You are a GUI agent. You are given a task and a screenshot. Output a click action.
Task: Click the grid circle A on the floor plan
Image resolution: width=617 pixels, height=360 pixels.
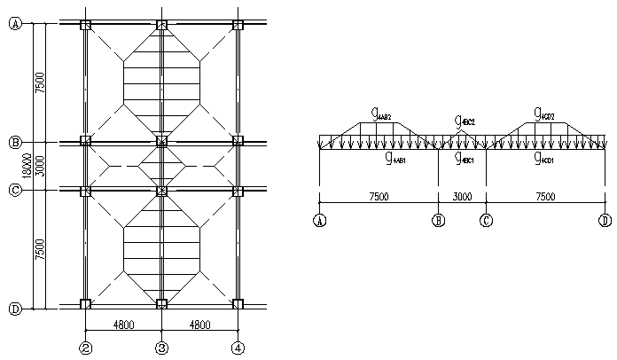coord(15,25)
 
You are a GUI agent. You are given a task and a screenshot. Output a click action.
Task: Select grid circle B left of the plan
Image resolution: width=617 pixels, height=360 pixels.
coord(15,142)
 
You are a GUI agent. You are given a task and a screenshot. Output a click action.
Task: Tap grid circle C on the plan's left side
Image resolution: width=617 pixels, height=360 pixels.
coord(15,189)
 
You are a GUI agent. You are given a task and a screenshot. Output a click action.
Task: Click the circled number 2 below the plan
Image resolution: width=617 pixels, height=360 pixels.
coord(86,348)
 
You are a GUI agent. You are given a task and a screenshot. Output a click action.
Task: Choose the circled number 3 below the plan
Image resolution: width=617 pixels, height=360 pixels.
coord(162,348)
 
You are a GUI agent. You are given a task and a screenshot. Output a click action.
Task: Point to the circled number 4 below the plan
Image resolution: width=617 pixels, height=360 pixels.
coord(238,348)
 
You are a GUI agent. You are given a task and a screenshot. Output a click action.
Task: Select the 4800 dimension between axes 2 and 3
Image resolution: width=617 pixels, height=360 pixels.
coord(124,325)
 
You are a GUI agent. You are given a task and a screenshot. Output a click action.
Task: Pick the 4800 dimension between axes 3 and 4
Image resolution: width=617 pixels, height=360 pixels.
coord(199,325)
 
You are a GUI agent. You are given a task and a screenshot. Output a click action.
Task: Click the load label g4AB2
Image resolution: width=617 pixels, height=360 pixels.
coord(382,114)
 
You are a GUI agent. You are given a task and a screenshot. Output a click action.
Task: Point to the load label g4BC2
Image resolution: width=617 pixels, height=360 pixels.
coord(465,121)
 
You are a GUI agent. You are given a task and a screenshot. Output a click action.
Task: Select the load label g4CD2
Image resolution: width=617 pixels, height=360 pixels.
coord(543,113)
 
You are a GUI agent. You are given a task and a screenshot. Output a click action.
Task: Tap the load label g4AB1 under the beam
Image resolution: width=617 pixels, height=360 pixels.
coord(395,160)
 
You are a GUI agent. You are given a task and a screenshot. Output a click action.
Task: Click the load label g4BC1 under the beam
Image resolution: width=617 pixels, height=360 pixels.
coord(464,160)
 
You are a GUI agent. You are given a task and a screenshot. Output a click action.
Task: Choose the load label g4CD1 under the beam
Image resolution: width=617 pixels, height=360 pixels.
coord(543,160)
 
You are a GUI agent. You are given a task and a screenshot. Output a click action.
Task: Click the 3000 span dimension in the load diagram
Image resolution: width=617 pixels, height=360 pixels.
coord(462,198)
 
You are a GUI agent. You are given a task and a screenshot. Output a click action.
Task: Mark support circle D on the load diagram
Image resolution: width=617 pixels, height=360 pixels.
coord(605,221)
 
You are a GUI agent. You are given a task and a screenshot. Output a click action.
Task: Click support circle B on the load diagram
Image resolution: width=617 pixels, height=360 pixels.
coord(438,221)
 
